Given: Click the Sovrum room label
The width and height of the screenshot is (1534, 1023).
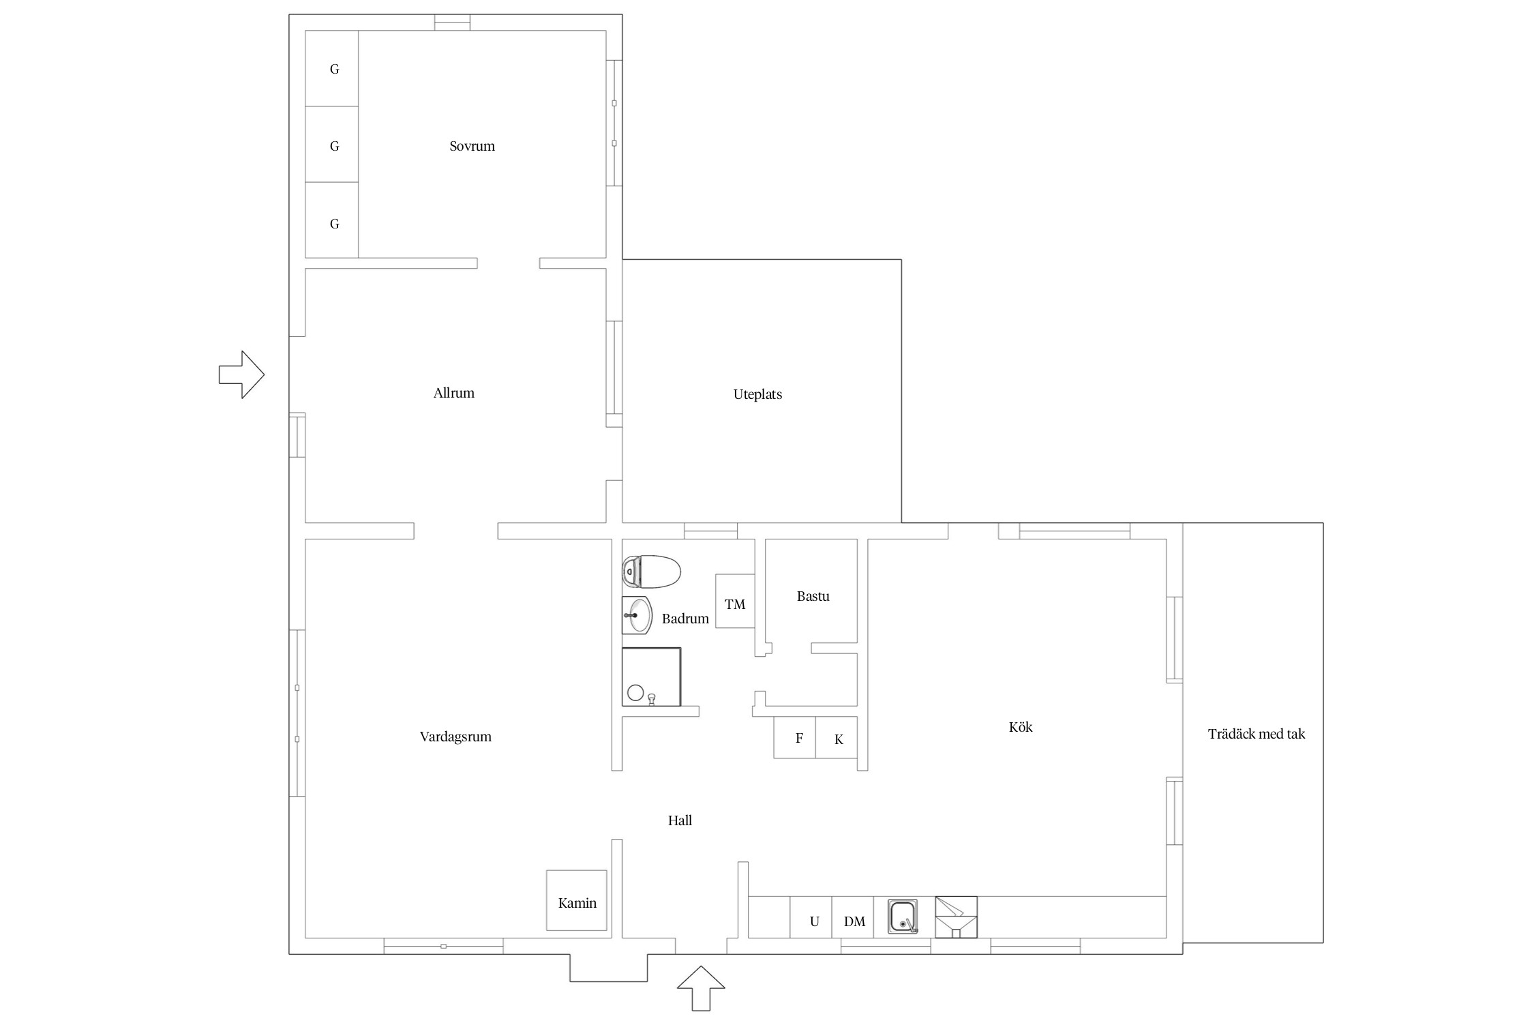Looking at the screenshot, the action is [472, 146].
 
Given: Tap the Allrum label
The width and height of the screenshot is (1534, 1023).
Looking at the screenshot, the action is [453, 393].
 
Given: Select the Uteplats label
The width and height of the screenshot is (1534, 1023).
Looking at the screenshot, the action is [757, 394].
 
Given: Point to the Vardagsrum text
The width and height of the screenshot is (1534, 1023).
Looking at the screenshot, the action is [455, 737].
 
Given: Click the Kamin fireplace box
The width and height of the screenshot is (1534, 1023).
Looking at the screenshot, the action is [577, 900].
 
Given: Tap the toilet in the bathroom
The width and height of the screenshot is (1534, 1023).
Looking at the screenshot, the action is [651, 572].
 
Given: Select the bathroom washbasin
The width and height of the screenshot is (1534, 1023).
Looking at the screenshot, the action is [637, 615].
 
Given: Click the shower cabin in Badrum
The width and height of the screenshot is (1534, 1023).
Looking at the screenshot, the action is [651, 677].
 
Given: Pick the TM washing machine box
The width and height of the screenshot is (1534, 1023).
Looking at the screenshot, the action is [735, 601].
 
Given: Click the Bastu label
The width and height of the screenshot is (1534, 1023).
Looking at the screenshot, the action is [813, 596].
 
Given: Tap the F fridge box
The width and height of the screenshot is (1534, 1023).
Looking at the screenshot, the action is [795, 737].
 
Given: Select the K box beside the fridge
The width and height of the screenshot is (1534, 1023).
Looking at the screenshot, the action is [837, 737].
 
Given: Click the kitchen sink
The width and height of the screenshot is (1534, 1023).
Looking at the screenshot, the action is [903, 916].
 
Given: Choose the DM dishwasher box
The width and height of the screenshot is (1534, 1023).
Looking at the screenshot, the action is [853, 917].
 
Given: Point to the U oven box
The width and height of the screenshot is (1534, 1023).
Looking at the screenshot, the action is [811, 917].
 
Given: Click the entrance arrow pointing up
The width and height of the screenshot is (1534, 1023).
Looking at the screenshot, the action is [701, 989].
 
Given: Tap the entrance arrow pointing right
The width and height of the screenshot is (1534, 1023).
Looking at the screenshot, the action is [242, 374].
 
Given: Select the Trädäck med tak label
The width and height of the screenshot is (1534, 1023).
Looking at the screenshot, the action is [1256, 734].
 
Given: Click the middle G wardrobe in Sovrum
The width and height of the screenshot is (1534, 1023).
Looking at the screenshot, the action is [332, 144].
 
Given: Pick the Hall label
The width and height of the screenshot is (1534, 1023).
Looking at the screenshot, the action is [680, 820].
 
